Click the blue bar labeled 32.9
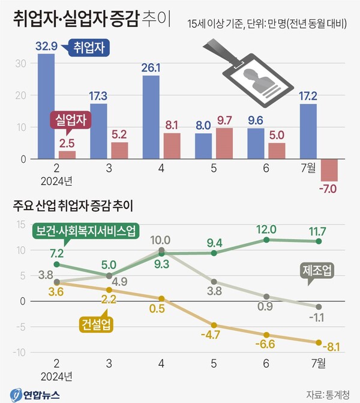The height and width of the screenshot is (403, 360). [x=46, y=106]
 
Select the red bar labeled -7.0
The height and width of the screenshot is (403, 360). [x=329, y=170]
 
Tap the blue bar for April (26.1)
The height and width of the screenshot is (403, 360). [x=151, y=117]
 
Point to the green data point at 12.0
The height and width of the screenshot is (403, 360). [x=266, y=240]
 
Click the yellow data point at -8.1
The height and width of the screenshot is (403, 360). [x=319, y=342]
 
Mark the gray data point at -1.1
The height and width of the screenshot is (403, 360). [x=319, y=307]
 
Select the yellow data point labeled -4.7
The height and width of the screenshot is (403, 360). [x=214, y=325]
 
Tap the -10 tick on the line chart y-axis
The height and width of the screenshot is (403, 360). [x=19, y=352]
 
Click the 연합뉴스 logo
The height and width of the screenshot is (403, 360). [x=37, y=393]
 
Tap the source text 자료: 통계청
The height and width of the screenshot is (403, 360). [x=330, y=394]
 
